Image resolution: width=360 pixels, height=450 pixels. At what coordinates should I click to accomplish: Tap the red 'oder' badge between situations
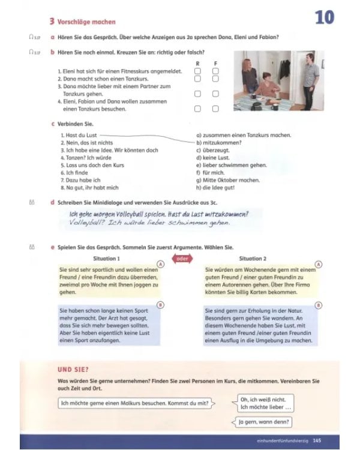tap(180, 259)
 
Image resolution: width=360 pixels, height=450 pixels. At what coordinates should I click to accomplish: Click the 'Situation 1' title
tap(109, 259)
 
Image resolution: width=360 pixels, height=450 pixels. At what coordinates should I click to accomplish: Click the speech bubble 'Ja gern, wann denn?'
tap(264, 422)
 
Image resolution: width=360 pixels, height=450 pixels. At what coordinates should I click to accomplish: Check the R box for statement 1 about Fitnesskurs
tap(197, 71)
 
